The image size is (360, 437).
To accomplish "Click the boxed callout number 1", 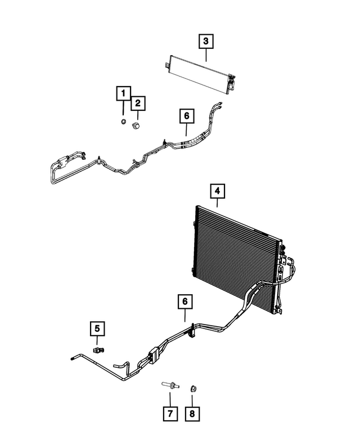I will pyautogui.click(x=123, y=93).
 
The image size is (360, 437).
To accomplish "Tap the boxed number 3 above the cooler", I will pyautogui.click(x=206, y=40).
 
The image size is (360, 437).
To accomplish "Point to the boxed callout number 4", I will pyautogui.click(x=218, y=191).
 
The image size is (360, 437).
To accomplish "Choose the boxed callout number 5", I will pyautogui.click(x=97, y=328).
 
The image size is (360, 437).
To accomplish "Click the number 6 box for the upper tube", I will pyautogui.click(x=187, y=116).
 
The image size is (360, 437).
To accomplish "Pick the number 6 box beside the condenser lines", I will pyautogui.click(x=184, y=301).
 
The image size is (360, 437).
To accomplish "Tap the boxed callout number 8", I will pyautogui.click(x=192, y=415).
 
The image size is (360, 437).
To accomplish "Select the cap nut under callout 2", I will pyautogui.click(x=136, y=125).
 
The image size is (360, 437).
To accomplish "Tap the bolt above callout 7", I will pyautogui.click(x=170, y=386).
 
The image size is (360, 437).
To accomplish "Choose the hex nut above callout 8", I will pyautogui.click(x=192, y=386).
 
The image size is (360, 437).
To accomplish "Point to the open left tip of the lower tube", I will pyautogui.click(x=73, y=357).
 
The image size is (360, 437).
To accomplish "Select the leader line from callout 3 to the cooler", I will pyautogui.click(x=206, y=55).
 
